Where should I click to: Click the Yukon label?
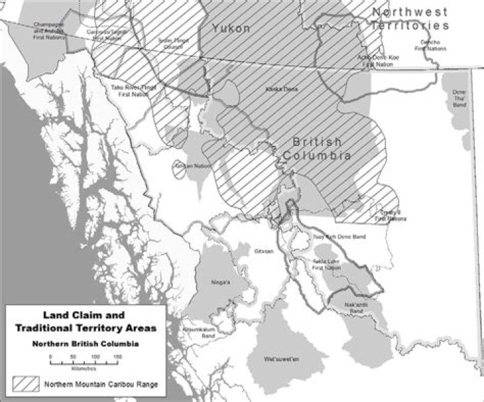pos(231,28)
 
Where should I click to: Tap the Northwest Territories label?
pos(410,19)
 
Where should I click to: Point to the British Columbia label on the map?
pos(321,149)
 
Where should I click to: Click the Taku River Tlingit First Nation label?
pos(134,91)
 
